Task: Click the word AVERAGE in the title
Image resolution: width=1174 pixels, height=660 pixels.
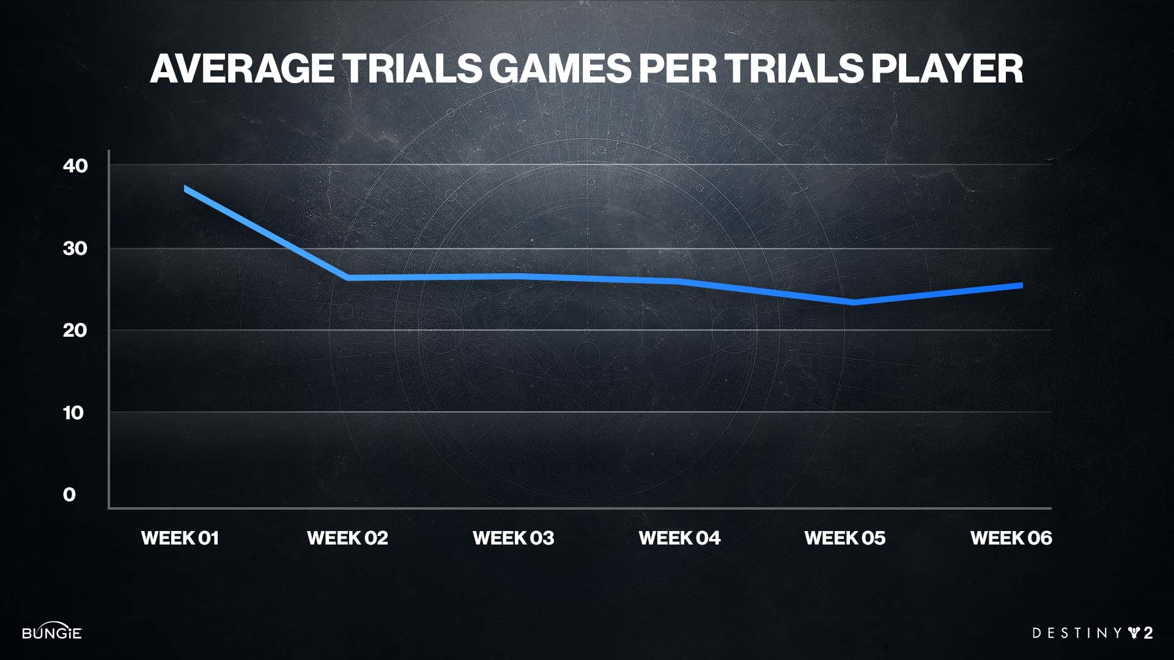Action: (x=242, y=68)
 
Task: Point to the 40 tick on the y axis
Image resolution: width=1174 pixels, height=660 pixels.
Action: (x=75, y=166)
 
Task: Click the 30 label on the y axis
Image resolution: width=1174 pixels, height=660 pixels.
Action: (x=75, y=248)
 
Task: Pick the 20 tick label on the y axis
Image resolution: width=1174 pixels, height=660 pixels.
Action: (x=75, y=331)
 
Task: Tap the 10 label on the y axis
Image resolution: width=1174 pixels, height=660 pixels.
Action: (x=73, y=413)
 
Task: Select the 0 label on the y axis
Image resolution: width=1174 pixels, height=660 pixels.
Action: (x=70, y=495)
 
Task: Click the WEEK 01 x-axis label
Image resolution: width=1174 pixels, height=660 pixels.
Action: (x=180, y=538)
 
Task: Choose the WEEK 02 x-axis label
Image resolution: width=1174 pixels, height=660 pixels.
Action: (x=347, y=538)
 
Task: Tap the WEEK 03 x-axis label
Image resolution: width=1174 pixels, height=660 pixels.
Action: (x=513, y=538)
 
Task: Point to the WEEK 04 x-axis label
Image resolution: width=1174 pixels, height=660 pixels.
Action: (x=679, y=538)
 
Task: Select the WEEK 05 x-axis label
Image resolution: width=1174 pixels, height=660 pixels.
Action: (x=845, y=538)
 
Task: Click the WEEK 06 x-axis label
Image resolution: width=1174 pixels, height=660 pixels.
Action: (x=1011, y=538)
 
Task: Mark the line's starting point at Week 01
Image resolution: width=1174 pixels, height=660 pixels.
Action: (x=185, y=189)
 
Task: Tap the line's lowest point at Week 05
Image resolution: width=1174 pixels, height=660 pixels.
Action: (x=854, y=302)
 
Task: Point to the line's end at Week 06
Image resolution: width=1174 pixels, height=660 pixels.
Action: (x=1021, y=285)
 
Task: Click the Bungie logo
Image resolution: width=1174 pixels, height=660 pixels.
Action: (x=52, y=632)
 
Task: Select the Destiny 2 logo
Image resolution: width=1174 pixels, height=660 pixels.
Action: (x=1092, y=633)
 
